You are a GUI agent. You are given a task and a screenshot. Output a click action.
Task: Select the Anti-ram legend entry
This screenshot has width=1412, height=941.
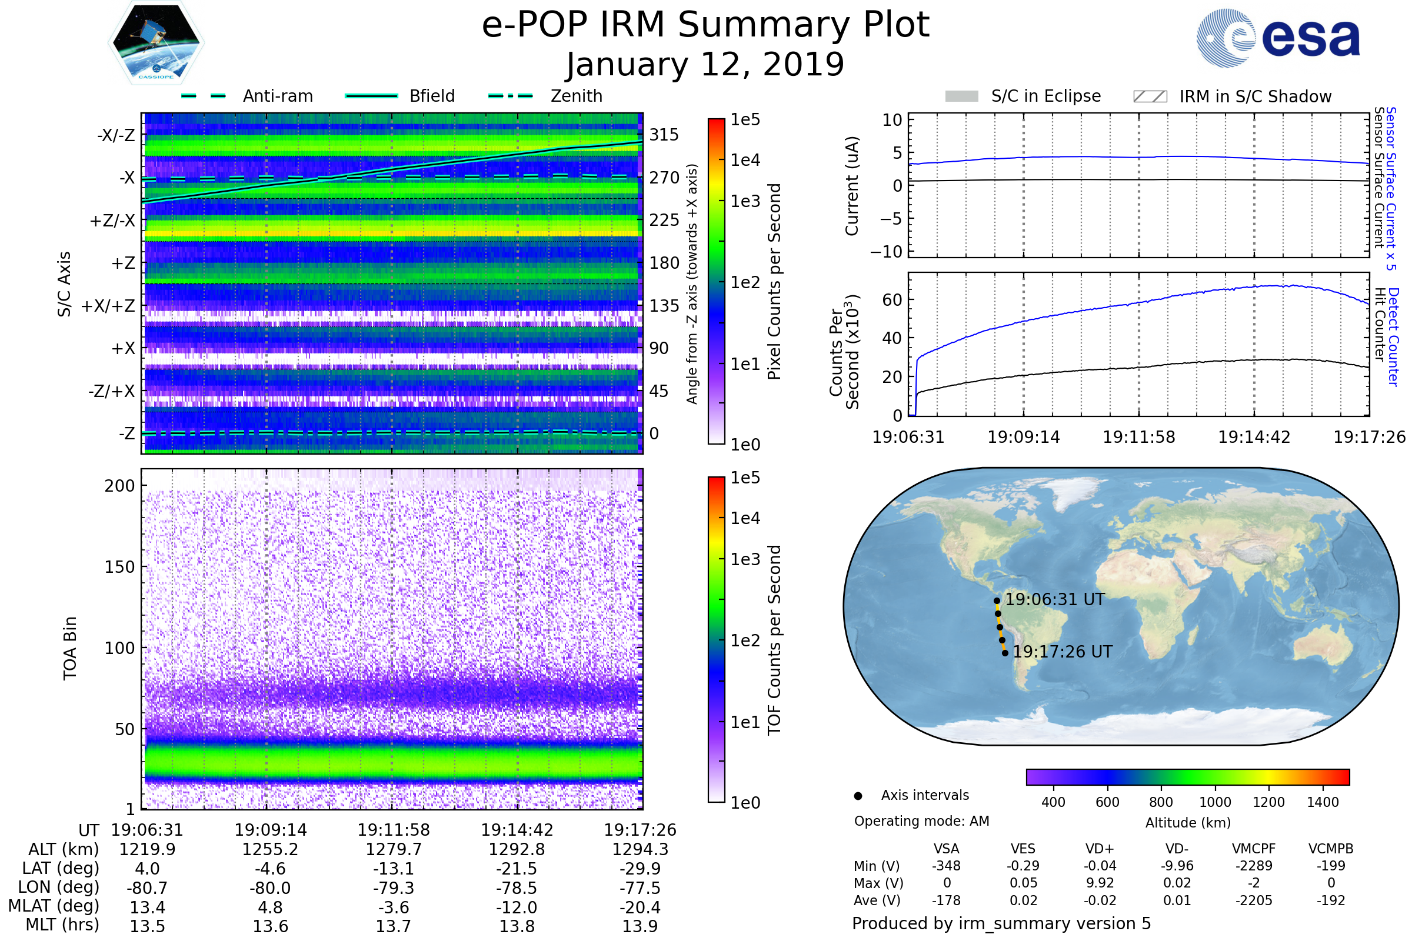[x=277, y=96]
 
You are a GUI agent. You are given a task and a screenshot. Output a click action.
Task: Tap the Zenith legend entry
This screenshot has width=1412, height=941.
[x=576, y=96]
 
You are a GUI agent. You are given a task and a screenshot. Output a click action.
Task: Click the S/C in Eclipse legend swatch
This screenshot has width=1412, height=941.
[x=961, y=96]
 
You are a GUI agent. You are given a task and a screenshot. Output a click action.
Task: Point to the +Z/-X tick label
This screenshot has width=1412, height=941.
[x=112, y=221]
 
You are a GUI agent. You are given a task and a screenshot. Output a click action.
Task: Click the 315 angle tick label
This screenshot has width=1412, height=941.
[x=664, y=135]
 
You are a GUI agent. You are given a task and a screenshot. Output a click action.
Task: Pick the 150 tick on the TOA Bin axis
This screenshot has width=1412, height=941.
[x=119, y=567]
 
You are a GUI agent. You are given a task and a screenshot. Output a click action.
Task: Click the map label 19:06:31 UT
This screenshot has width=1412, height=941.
[x=1054, y=599]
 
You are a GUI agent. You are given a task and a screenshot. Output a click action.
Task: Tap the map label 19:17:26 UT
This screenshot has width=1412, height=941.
[x=1062, y=652]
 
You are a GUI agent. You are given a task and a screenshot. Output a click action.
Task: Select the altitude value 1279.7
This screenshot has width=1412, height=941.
[x=393, y=849]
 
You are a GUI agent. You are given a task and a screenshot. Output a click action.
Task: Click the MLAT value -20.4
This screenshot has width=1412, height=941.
[x=640, y=907]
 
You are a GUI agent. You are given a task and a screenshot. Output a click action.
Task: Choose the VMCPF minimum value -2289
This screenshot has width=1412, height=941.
[x=1254, y=865]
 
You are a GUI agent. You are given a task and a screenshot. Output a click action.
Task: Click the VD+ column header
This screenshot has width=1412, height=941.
[x=1099, y=849]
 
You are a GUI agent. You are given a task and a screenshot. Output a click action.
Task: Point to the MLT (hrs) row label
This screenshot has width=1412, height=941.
[x=62, y=925]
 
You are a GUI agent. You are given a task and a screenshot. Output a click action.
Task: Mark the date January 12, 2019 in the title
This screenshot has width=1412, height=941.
[x=705, y=64]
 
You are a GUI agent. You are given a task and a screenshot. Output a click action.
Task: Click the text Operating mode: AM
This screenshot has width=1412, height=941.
[x=921, y=821]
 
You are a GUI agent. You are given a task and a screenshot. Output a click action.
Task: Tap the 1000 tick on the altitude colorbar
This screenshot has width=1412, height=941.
[x=1214, y=802]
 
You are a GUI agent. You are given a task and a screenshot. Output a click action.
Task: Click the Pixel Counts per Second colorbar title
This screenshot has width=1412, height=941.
[x=774, y=281]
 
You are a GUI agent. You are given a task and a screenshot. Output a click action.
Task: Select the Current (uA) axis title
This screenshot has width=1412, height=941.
[x=852, y=186]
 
